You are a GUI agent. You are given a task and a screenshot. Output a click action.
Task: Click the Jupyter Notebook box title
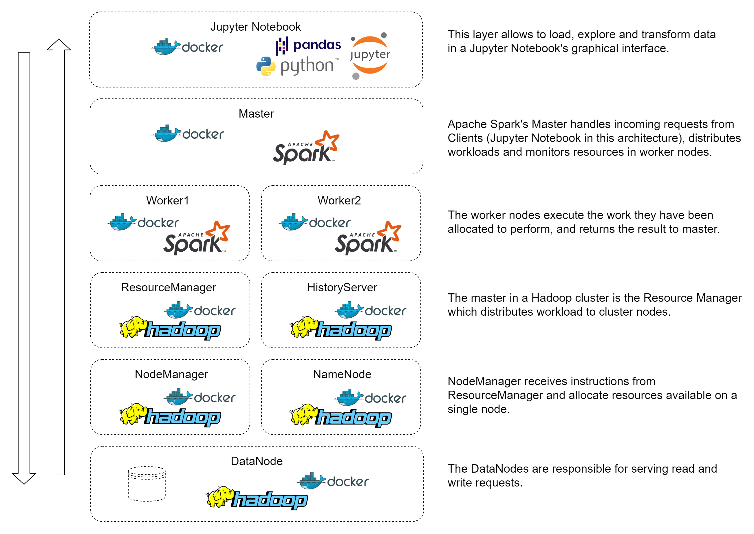click(x=255, y=27)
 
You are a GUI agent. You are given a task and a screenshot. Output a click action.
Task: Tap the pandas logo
click(x=308, y=45)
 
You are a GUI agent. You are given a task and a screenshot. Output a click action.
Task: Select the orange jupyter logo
click(x=370, y=55)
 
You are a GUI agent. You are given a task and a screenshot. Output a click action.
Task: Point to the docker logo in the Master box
click(x=188, y=133)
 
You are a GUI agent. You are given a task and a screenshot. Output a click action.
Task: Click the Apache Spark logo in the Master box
click(x=306, y=148)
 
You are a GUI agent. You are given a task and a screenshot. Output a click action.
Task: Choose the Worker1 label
click(x=167, y=201)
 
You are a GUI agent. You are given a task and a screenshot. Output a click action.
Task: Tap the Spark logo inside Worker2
click(x=368, y=238)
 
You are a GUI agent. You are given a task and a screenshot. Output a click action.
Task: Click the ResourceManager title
click(x=168, y=287)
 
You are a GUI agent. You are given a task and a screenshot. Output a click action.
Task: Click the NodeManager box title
click(x=171, y=374)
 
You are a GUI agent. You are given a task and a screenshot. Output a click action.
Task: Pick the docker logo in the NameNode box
click(x=370, y=398)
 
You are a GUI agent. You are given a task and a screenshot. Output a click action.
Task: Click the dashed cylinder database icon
click(x=147, y=484)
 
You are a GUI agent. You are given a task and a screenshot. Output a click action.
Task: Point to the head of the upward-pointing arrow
click(x=59, y=45)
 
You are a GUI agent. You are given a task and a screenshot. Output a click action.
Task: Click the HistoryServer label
click(x=342, y=287)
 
